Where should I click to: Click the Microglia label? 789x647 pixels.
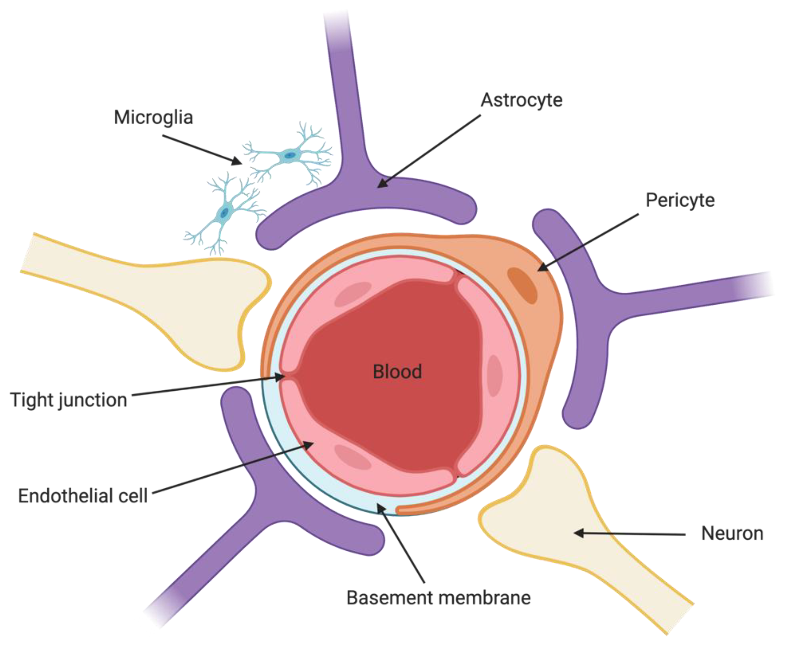153,118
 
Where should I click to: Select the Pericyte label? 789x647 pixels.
680,200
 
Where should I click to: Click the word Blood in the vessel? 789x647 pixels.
397,372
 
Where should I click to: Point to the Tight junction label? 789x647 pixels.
68,400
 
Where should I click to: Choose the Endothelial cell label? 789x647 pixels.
83,496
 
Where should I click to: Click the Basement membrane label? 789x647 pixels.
438,598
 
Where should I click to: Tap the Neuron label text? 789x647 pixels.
732,533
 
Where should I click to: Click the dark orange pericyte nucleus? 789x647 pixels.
522,285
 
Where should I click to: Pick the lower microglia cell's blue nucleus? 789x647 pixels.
224,213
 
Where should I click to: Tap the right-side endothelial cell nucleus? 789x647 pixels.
495,375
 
